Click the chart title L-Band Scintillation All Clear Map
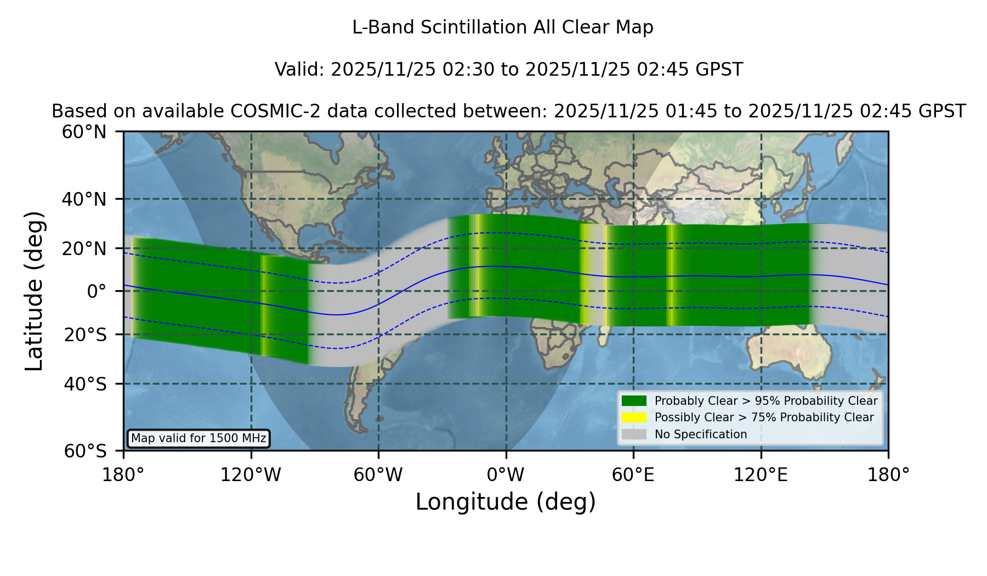point(502,27)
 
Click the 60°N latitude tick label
point(84,132)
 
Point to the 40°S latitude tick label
point(85,384)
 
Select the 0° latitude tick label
point(97,291)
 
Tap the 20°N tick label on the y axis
point(84,249)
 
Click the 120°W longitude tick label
point(251,475)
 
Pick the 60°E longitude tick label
point(633,475)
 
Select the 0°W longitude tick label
point(506,475)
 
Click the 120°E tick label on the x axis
point(761,475)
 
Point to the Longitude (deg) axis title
point(506,502)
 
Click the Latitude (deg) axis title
point(35,291)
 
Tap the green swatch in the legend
point(634,400)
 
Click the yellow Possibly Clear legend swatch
point(634,417)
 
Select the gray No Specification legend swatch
point(634,434)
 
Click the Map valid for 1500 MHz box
point(198,438)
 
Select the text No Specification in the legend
point(701,434)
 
